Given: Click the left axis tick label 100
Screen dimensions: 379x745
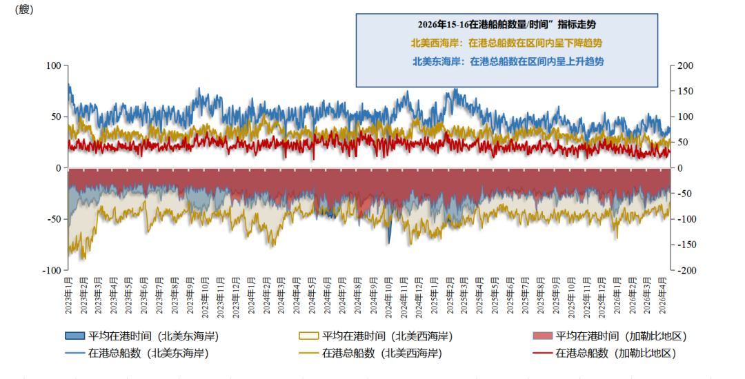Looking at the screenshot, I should tap(53, 65).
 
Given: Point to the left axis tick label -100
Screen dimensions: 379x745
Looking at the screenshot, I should tap(52, 271).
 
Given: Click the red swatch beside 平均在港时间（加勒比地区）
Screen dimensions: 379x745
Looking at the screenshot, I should tap(542, 336).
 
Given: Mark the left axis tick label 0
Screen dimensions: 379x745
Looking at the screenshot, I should tap(58, 168).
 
